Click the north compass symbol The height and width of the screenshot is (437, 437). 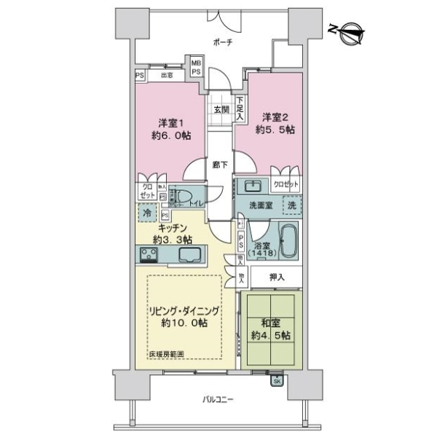coord(349,31)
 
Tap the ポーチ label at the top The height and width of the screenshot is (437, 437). coord(223,43)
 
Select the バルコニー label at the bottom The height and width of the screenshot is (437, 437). coord(218,400)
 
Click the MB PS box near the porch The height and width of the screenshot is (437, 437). coord(196,67)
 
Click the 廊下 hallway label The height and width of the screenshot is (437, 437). coord(219,165)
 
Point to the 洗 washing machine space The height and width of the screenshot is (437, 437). coord(291,206)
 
